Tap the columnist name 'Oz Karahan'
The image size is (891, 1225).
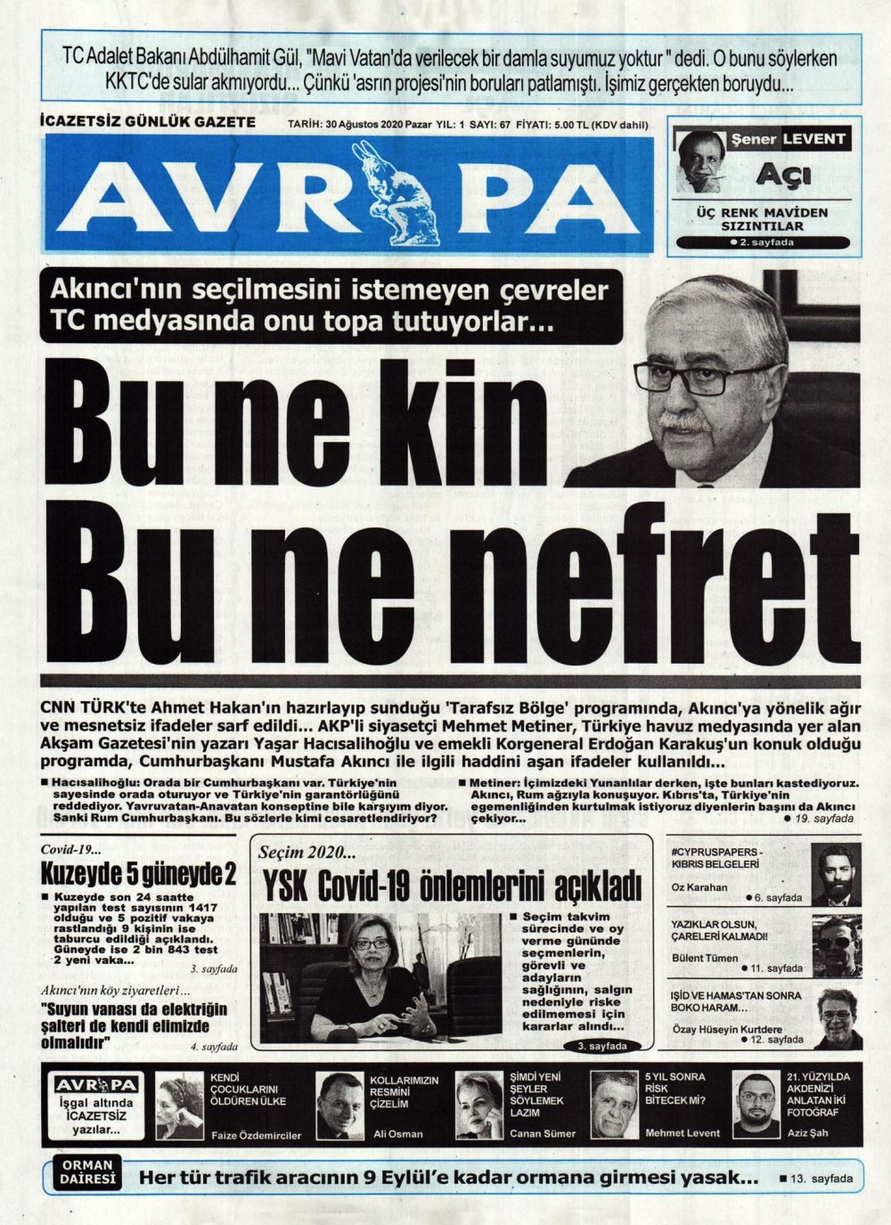coord(699,888)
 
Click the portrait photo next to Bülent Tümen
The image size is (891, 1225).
coord(837,945)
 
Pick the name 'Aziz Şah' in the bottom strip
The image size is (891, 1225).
coord(805,1134)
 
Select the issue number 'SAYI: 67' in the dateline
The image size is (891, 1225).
coord(491,125)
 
